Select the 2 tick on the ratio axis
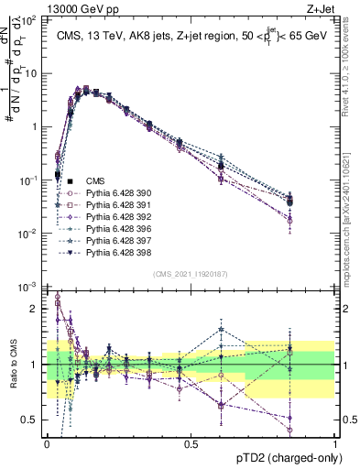[x=37, y=309]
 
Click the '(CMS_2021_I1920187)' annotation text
[x=191, y=275]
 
